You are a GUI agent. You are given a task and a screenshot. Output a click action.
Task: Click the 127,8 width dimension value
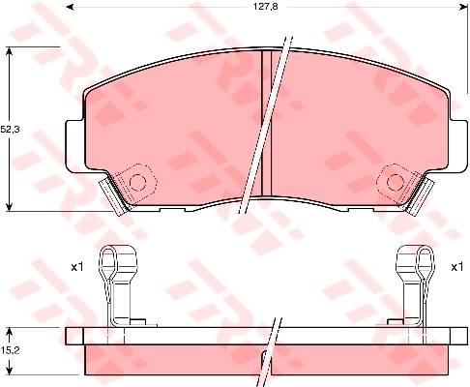pos(265,7)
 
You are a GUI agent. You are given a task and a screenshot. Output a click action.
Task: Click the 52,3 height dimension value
pos(10,130)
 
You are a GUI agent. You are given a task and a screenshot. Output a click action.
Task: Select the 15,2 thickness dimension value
pos(10,350)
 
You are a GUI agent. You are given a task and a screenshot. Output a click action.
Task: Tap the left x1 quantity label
pos(77,267)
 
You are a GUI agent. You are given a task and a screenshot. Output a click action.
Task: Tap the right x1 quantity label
pos(457,267)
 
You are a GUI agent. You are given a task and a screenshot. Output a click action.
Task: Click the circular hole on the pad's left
pos(137,183)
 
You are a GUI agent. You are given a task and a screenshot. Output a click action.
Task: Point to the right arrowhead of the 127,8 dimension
pos(464,7)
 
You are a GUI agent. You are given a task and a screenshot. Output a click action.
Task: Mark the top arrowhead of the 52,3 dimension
pos(10,51)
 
